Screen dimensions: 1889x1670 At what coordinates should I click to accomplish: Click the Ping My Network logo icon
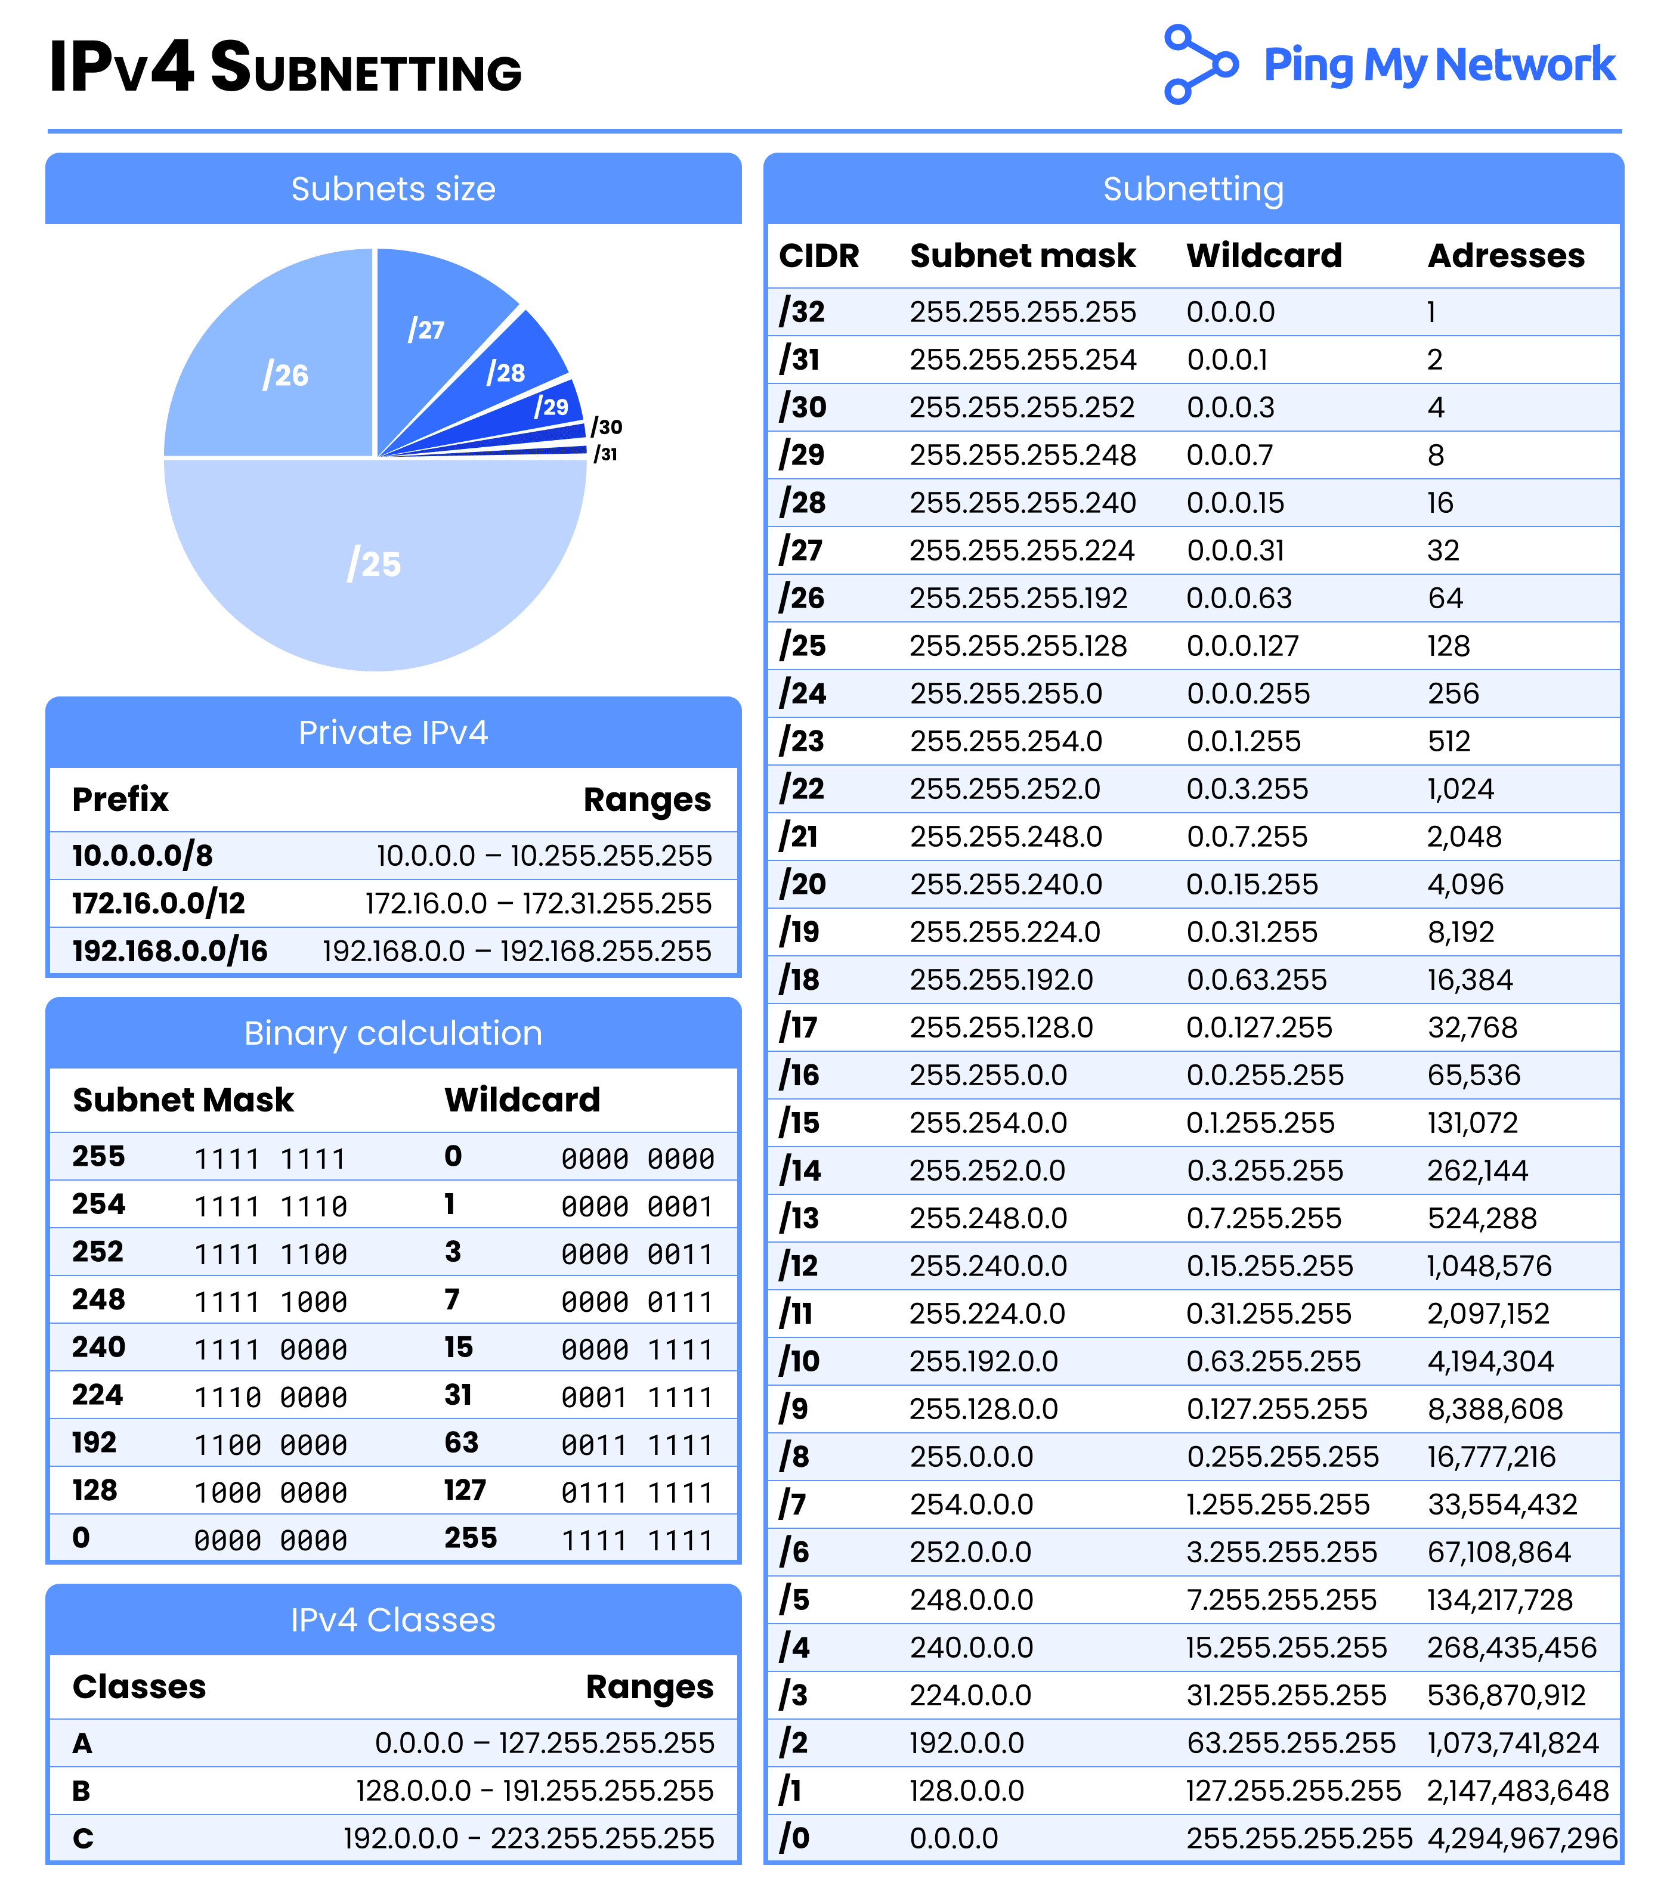(1199, 64)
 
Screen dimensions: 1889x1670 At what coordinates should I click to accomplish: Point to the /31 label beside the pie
(605, 454)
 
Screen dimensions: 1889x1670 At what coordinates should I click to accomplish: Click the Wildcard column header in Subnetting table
(1263, 256)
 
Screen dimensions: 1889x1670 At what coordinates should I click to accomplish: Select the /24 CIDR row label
(802, 693)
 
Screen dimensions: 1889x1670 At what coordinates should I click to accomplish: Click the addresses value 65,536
(1473, 1075)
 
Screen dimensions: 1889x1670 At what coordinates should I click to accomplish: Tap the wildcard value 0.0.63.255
(1256, 980)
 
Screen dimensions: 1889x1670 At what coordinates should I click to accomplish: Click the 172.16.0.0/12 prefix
(159, 903)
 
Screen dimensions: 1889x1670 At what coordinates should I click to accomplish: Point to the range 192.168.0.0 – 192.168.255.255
(517, 951)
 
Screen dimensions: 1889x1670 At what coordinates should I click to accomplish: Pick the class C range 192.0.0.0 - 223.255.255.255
(528, 1838)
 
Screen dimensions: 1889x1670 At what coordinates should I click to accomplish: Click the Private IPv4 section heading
(393, 733)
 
